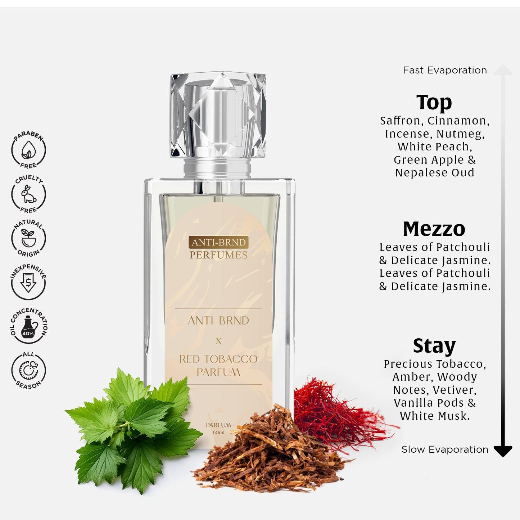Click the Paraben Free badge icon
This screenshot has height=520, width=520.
tap(28, 150)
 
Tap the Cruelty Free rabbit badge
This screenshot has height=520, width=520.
tap(28, 194)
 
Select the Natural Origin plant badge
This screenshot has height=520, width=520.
tap(28, 238)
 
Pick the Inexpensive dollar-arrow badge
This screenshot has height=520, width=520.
tap(28, 282)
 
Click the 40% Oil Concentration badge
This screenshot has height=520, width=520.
tap(28, 326)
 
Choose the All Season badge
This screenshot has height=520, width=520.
tap(28, 370)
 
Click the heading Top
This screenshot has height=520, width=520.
tap(434, 103)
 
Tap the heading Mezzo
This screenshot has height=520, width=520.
tap(434, 229)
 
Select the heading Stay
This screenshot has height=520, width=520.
tap(434, 346)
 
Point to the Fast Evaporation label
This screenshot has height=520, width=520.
tap(445, 70)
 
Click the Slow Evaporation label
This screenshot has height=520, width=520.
tap(445, 449)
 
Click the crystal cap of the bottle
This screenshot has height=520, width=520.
tap(218, 114)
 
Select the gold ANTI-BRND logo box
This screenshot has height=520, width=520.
tap(218, 242)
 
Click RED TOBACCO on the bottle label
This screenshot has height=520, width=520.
tap(218, 359)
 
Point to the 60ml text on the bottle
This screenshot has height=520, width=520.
tap(218, 433)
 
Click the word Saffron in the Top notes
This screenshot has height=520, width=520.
tap(401, 121)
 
